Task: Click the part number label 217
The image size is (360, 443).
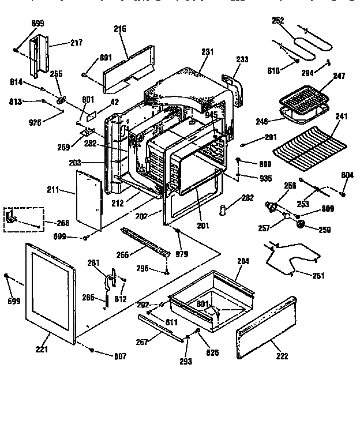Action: pos(76,43)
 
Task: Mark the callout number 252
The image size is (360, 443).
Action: pos(279,20)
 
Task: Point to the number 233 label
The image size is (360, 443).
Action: pos(243,59)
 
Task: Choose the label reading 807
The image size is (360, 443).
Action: pos(119,356)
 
